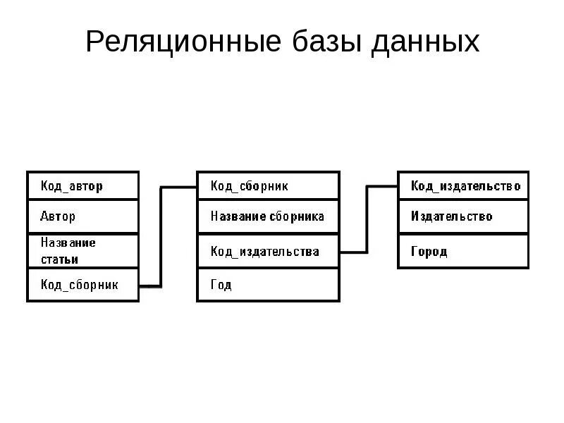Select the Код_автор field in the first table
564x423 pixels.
[x=82, y=187]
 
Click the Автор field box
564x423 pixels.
[x=82, y=216]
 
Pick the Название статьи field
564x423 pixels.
[x=82, y=251]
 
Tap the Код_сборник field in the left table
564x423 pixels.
[x=82, y=285]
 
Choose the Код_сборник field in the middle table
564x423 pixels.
[x=267, y=187]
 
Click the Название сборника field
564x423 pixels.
[x=267, y=216]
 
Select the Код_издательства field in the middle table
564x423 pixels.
[x=267, y=251]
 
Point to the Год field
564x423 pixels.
[x=267, y=285]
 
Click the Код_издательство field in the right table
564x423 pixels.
[x=462, y=187]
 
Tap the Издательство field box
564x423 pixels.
[x=462, y=216]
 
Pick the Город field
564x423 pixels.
[x=462, y=251]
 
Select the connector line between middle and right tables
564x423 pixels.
[x=367, y=219]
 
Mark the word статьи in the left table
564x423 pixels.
[x=59, y=259]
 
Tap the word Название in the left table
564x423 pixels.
[x=68, y=243]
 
